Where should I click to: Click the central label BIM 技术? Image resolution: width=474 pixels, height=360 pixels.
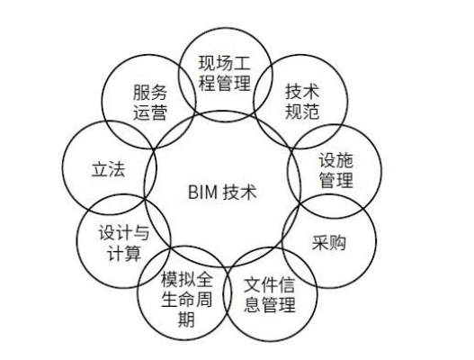click(x=222, y=192)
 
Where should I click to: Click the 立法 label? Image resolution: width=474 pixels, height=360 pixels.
click(x=108, y=169)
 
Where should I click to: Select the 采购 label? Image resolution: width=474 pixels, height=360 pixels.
click(x=329, y=243)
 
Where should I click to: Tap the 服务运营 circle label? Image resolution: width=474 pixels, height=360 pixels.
click(x=150, y=103)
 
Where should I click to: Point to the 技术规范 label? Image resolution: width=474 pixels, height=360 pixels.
click(x=302, y=102)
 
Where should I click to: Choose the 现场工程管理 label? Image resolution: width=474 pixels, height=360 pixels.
click(x=225, y=73)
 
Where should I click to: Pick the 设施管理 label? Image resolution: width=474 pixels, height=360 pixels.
click(x=336, y=170)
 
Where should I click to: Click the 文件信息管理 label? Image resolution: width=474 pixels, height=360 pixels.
click(x=269, y=294)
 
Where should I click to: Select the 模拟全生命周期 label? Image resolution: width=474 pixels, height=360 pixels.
click(x=186, y=299)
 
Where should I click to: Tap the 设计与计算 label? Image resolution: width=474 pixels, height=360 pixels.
click(x=124, y=243)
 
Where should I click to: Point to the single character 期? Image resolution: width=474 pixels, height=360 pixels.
click(x=186, y=319)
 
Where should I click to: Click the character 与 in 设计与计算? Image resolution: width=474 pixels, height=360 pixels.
click(x=141, y=233)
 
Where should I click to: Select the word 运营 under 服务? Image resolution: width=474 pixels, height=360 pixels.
click(x=150, y=112)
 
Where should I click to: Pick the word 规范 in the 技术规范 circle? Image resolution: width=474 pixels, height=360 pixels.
click(x=302, y=112)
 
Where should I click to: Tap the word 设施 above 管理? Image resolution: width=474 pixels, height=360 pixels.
click(x=336, y=160)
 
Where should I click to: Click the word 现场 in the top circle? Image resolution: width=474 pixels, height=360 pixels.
click(x=216, y=63)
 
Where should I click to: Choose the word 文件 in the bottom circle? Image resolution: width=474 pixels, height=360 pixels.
click(x=261, y=285)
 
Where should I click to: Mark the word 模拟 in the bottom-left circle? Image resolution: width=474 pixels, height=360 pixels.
click(x=178, y=280)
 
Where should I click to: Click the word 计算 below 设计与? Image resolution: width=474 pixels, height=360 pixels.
click(x=124, y=253)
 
